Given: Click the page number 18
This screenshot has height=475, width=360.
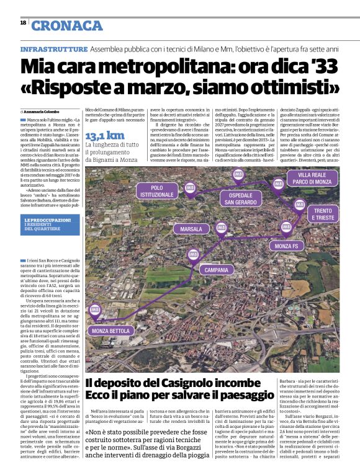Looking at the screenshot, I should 23,22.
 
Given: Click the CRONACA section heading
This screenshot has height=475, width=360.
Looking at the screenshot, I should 67,25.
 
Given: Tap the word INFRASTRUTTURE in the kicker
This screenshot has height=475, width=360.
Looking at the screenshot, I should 54,48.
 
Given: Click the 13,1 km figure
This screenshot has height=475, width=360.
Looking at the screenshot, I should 104,135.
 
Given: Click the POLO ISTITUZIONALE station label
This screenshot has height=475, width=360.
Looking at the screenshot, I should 157,190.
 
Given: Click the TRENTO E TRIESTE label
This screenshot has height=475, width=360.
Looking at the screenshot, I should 323,215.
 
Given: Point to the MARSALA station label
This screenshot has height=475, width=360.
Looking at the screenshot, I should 191,229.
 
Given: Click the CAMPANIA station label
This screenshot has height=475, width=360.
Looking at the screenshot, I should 216,270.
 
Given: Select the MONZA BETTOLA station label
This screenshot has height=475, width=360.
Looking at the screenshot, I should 111,331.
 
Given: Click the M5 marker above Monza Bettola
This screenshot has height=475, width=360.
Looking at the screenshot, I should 95,309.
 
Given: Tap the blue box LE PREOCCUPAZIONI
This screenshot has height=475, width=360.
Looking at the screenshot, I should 49,223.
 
